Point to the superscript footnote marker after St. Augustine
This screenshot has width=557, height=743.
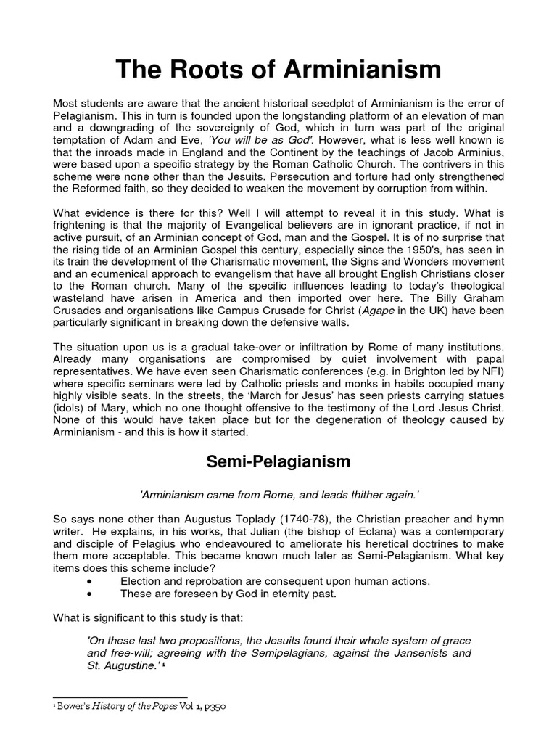point(174,665)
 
